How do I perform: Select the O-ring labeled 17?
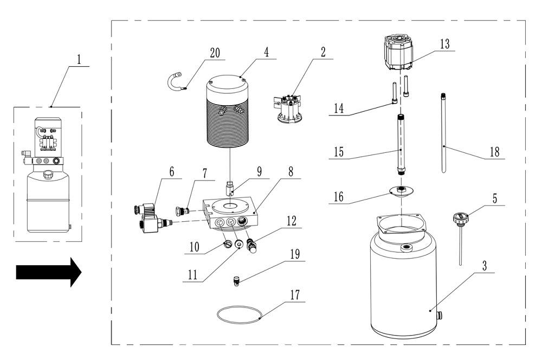pos(239,314)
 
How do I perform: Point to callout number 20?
pos(216,53)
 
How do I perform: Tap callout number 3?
pos(485,266)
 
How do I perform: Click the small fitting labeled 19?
pos(236,281)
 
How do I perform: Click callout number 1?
pos(79,59)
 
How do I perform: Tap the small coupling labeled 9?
pos(230,189)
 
